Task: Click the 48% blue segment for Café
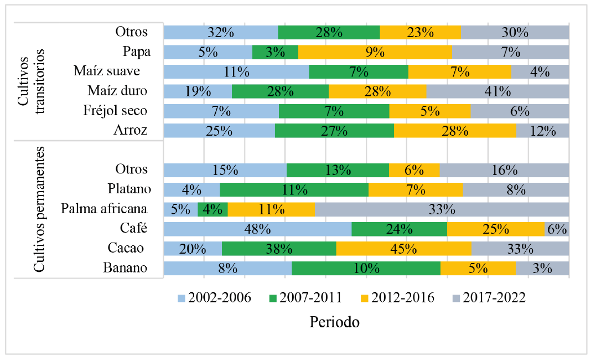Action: (x=257, y=229)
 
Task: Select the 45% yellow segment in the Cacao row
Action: (x=403, y=249)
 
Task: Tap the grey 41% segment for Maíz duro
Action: (x=497, y=91)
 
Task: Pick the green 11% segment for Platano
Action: (x=294, y=190)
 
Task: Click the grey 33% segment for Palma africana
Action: (x=442, y=209)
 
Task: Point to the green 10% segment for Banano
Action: (x=366, y=269)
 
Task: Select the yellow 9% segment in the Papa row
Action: (x=375, y=52)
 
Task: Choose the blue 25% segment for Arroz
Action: (x=219, y=131)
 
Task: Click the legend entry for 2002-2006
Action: (x=214, y=298)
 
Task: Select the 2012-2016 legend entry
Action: (x=397, y=298)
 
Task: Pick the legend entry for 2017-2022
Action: (x=489, y=298)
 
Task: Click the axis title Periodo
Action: (x=334, y=322)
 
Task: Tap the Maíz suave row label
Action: (x=106, y=71)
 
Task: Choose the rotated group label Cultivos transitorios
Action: (x=32, y=80)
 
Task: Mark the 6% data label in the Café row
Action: (x=557, y=229)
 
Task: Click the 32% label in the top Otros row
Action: (x=220, y=32)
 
